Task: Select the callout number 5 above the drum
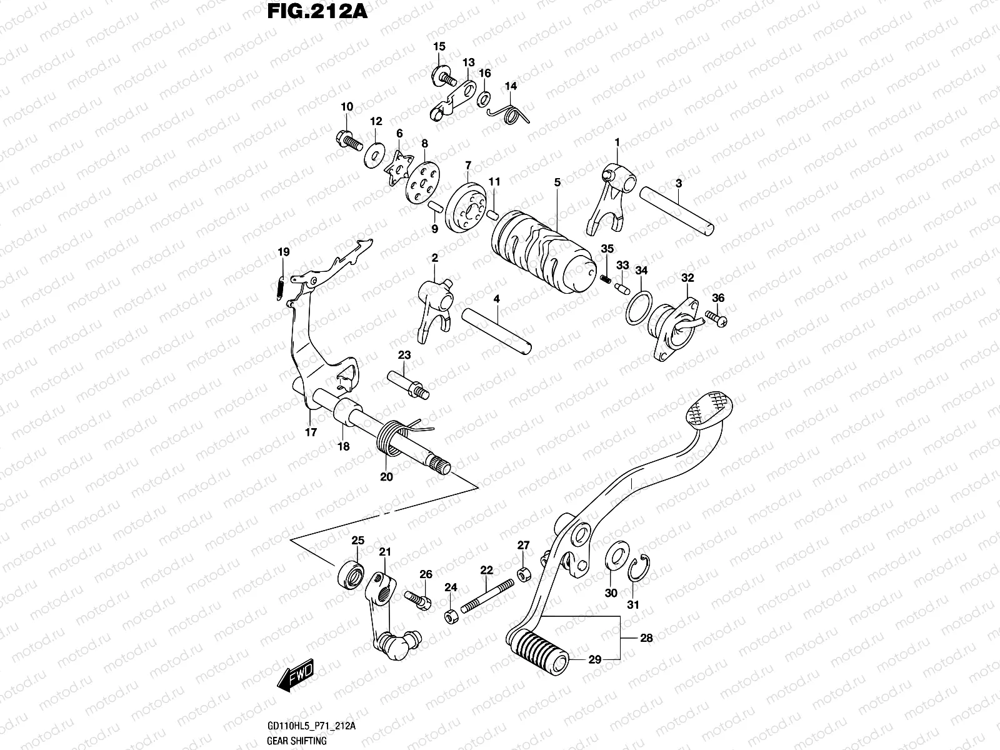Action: (x=557, y=182)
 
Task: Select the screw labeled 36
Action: (x=715, y=318)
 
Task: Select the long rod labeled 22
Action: (x=487, y=596)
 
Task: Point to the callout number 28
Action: (x=646, y=638)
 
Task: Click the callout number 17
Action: (x=311, y=432)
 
